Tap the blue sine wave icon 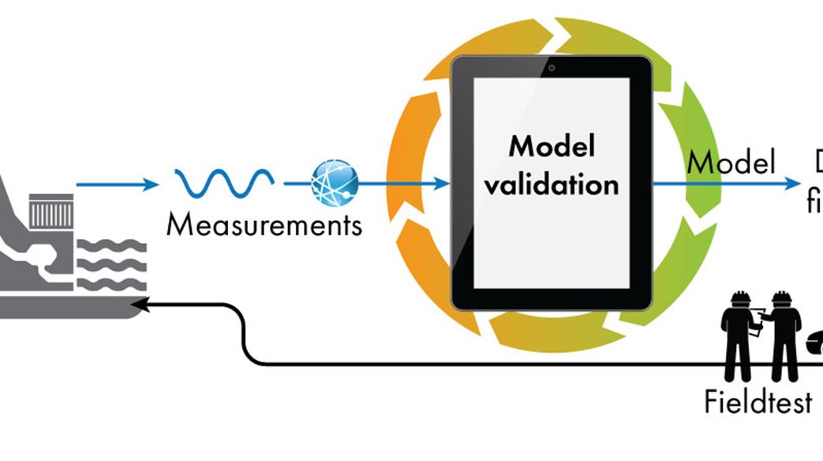coord(224,184)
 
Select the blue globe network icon coord(334,183)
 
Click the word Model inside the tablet coord(552,147)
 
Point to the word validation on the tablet coord(552,185)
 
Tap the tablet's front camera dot coord(552,67)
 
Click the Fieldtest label coord(758,403)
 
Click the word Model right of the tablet coord(731,162)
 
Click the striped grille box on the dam coord(51,213)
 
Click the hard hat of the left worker coord(739,299)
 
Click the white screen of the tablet coord(552,237)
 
